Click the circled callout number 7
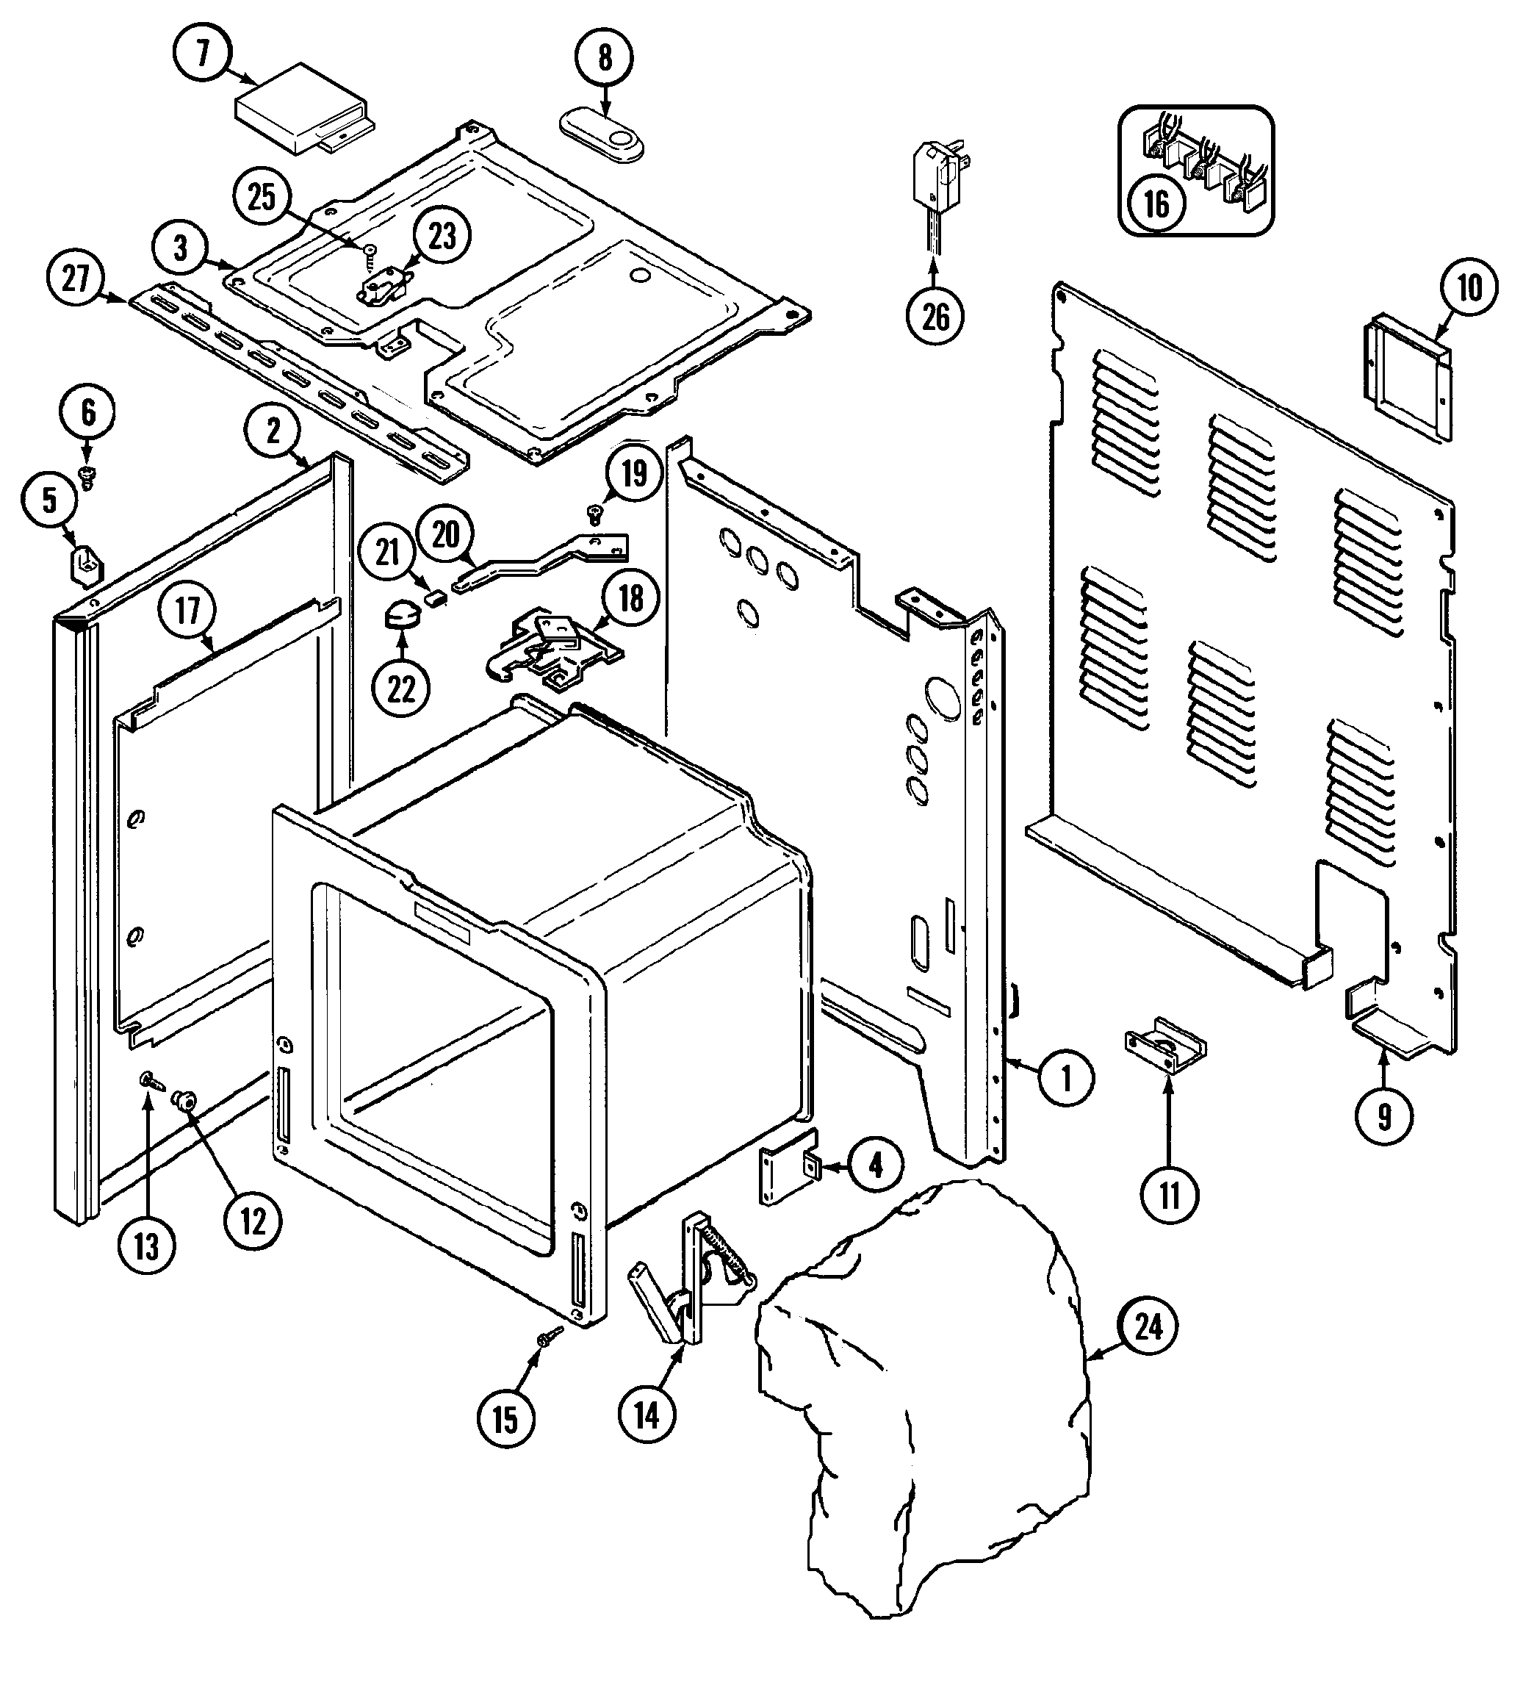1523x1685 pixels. click(202, 54)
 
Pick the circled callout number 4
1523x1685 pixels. click(875, 1164)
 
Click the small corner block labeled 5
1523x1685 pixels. click(85, 561)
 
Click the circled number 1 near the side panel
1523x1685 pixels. click(1065, 1079)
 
